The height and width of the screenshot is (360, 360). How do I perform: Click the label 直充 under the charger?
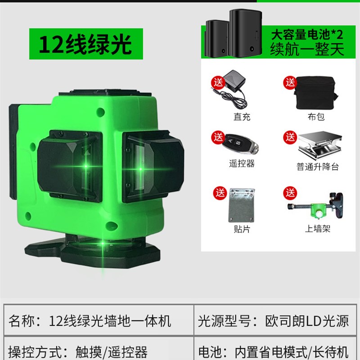click(x=242, y=117)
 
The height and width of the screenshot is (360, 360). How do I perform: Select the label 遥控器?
click(x=242, y=164)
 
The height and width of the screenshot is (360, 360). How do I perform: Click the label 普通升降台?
click(x=318, y=167)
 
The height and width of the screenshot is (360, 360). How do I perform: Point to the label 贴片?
click(x=242, y=228)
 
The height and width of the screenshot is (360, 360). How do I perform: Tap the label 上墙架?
click(x=318, y=228)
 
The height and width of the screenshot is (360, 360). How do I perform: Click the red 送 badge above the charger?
click(x=219, y=82)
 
